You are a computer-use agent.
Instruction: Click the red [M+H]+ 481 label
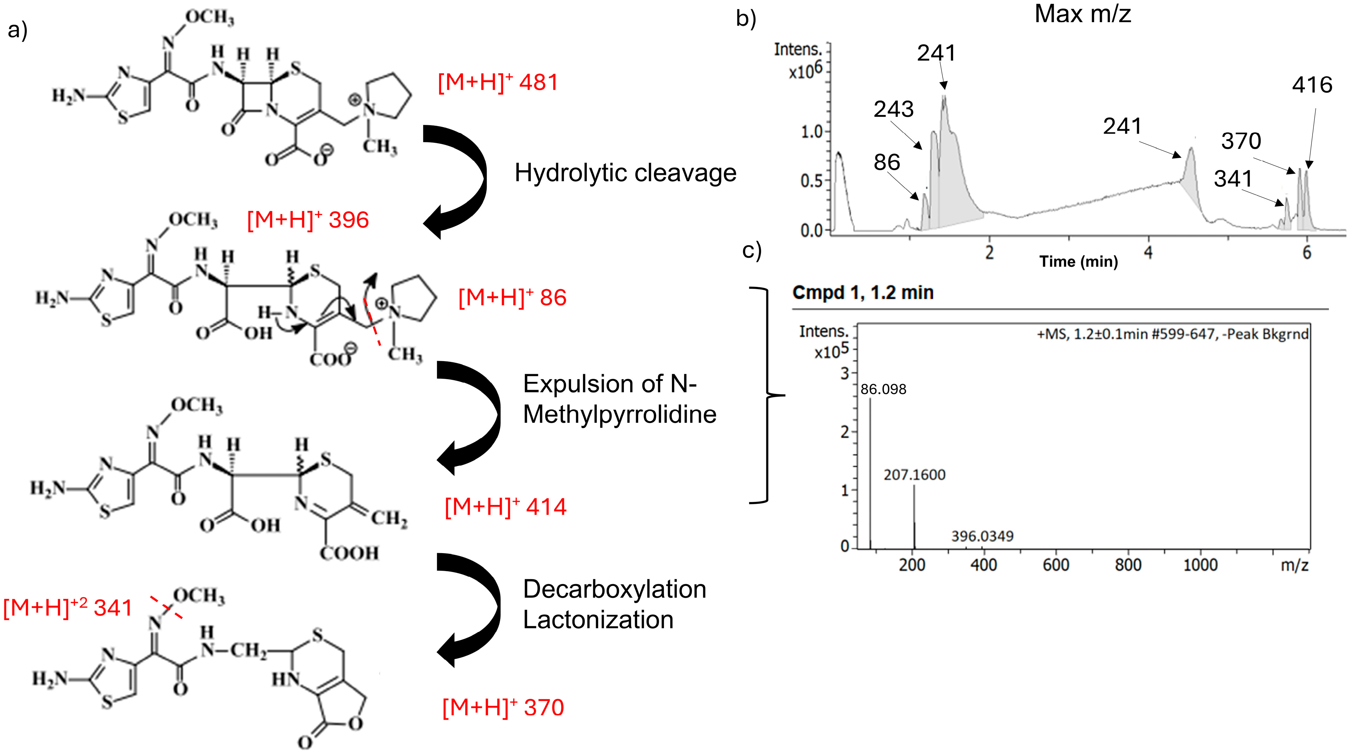(x=498, y=83)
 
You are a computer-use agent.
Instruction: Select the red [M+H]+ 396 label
(x=308, y=220)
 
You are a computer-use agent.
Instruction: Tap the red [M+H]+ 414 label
(x=505, y=507)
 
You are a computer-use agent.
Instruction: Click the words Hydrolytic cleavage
(x=625, y=173)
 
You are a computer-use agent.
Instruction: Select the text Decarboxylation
(x=615, y=589)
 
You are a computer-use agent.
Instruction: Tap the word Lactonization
(x=598, y=620)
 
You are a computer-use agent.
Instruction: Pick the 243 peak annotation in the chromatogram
(x=894, y=109)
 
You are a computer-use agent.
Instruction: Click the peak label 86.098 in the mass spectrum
(x=883, y=389)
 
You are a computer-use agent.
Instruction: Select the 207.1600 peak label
(x=914, y=475)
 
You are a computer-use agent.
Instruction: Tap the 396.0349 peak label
(x=982, y=536)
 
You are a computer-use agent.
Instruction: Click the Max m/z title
(x=1083, y=14)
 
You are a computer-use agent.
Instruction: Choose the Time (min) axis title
(x=1078, y=261)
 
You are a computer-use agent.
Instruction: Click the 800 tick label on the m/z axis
(x=1128, y=565)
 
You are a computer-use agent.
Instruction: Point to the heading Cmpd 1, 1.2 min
(x=863, y=293)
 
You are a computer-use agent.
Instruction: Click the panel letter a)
(x=17, y=30)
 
